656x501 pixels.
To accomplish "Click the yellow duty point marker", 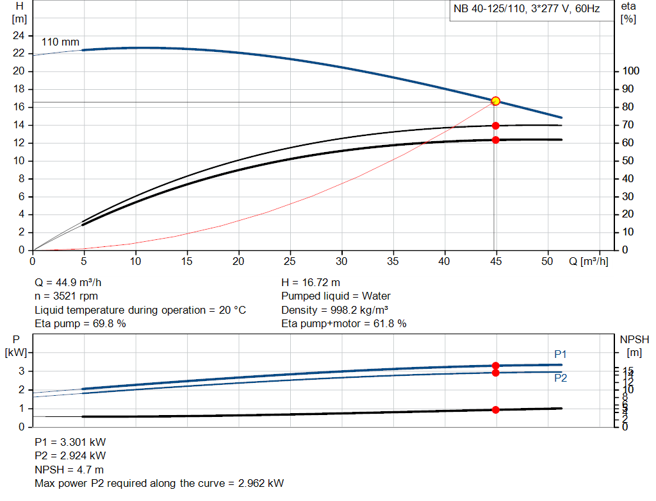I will pos(495,101).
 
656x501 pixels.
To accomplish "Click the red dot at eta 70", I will pos(495,126).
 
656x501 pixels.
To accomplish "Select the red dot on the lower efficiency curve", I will pos(495,140).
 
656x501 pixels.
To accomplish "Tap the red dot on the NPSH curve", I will pos(495,410).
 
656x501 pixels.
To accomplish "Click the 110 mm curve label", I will pos(60,42).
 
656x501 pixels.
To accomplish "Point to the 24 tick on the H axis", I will pos(19,35).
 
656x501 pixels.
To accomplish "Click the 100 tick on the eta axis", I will pos(630,71).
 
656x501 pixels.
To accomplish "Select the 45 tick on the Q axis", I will pos(495,261).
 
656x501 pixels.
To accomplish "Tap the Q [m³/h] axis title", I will pos(588,261).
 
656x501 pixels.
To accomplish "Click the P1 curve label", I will pos(561,354).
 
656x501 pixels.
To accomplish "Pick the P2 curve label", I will pos(561,378).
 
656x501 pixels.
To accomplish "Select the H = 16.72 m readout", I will pos(311,282).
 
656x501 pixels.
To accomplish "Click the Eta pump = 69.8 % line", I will pos(80,323).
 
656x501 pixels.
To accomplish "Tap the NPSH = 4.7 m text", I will pos(69,470).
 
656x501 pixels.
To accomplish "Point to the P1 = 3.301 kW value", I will pos(70,442).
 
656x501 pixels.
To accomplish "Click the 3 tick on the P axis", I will pos(21,371).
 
